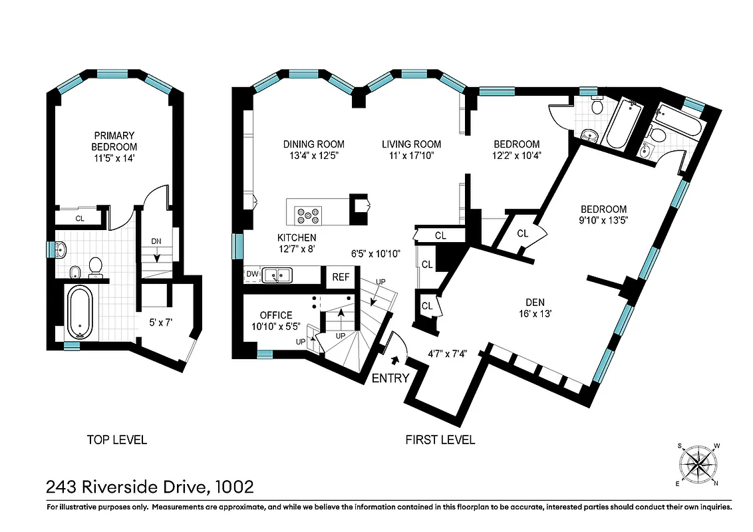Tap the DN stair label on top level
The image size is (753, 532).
click(x=156, y=241)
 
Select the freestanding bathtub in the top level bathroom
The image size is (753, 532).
click(x=80, y=312)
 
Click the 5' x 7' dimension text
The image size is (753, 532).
click(x=160, y=323)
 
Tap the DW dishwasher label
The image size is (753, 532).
click(x=251, y=273)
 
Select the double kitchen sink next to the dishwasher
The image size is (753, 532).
click(x=278, y=274)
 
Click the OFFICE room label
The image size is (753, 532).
click(x=276, y=315)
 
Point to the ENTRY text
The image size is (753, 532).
click(x=390, y=378)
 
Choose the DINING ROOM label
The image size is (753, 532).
click(x=313, y=144)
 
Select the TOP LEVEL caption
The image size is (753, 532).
click(x=116, y=440)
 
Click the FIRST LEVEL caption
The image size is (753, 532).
click(x=440, y=440)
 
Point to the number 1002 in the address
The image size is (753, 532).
click(x=234, y=487)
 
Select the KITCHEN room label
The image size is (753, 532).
click(x=297, y=237)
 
